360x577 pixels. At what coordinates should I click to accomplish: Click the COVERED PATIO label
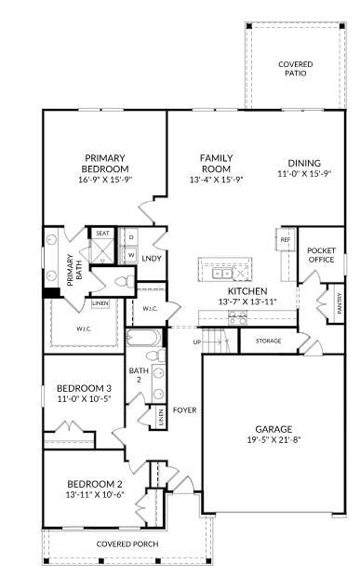296,69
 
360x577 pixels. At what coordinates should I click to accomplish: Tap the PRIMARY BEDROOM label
105,164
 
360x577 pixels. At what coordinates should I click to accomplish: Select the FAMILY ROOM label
216,164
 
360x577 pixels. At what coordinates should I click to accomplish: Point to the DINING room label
304,162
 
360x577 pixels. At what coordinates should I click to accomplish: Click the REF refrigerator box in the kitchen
286,239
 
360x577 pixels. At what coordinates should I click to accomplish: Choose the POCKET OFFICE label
321,254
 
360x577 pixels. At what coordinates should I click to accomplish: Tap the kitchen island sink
222,273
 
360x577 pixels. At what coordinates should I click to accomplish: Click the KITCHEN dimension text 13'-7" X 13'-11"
247,302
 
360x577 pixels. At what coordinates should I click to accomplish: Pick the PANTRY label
339,307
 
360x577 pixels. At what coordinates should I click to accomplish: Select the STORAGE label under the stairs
268,342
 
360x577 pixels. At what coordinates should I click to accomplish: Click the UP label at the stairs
196,342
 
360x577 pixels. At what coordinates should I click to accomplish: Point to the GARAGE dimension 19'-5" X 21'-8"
274,439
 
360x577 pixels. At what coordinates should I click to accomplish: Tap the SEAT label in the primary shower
101,234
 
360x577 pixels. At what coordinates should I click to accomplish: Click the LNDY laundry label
152,258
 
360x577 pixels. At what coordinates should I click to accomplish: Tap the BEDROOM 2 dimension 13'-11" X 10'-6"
96,494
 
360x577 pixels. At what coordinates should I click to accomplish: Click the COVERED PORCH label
127,543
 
